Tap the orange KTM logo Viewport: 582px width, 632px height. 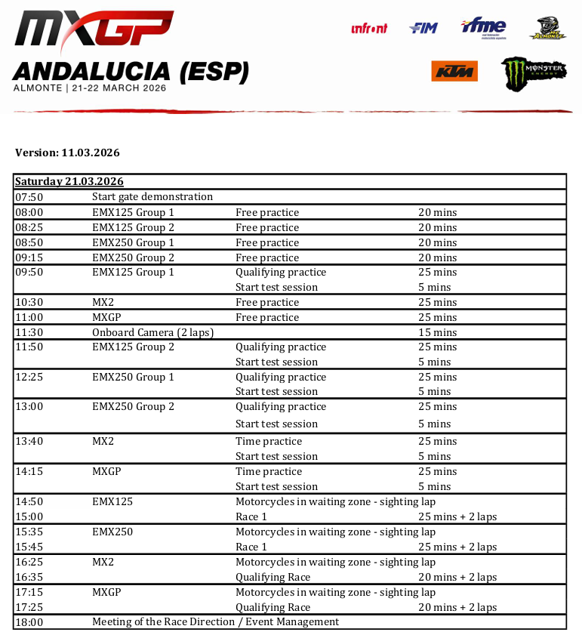454,71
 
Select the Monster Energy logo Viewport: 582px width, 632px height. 534,73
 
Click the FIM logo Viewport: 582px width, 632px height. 423,29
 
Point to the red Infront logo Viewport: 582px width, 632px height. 369,29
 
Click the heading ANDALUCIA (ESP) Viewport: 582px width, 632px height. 131,72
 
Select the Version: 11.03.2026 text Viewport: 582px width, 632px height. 67,153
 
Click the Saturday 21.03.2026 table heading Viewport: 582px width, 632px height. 69,182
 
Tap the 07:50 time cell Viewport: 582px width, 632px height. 29,197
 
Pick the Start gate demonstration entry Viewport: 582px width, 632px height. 152,197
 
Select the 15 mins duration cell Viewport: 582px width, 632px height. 437,332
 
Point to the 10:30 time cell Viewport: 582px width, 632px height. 29,303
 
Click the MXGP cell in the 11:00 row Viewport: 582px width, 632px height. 106,318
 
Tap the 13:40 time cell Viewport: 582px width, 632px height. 29,441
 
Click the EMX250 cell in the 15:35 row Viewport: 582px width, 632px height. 112,532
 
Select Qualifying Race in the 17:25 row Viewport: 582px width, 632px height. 273,607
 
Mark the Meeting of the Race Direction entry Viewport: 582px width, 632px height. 215,622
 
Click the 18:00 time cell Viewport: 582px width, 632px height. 29,622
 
